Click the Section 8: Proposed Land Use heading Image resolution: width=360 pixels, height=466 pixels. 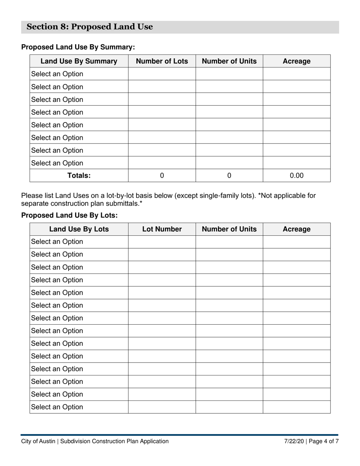point(90,27)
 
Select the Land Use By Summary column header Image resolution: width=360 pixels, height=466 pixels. point(79,61)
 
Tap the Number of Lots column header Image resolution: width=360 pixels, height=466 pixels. point(162,61)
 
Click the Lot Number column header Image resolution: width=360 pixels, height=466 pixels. point(162,229)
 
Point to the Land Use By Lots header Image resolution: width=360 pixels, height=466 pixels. point(79,229)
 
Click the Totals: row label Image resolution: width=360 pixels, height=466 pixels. point(79,175)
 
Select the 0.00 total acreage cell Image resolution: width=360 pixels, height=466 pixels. point(297,175)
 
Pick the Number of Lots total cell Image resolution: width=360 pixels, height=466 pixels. point(162,175)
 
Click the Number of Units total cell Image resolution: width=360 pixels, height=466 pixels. point(229,175)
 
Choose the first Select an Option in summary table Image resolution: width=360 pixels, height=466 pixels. point(57,74)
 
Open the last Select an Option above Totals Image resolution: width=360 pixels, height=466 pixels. point(57,163)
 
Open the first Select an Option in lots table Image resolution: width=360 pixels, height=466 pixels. point(57,242)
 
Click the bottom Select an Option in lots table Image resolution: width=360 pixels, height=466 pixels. point(57,407)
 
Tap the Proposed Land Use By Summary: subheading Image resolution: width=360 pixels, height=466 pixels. point(78,47)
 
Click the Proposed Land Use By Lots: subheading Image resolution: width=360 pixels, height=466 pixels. point(69,215)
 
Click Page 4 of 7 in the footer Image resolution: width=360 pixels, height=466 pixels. point(324,441)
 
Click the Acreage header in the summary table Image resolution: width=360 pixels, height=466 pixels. point(297,61)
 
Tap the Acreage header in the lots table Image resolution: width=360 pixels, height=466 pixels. point(297,229)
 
